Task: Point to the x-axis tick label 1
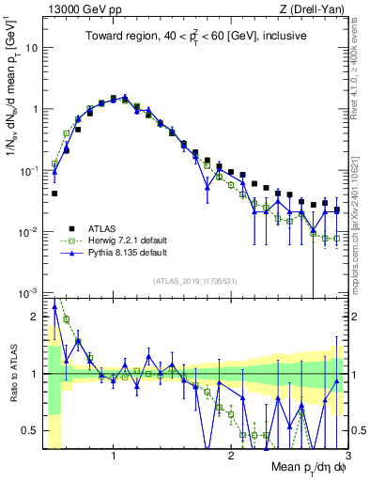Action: [114, 456]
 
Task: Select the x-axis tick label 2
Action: [231, 456]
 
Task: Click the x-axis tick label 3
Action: [346, 456]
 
